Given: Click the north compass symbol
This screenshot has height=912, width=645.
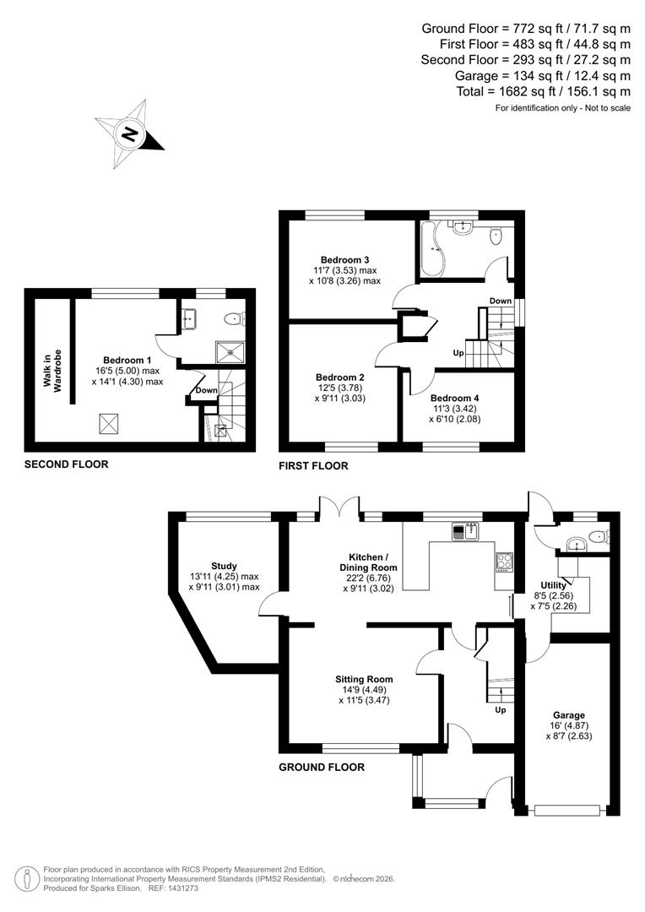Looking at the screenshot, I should (x=130, y=133).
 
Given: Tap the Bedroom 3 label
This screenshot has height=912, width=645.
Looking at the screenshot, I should (x=344, y=259).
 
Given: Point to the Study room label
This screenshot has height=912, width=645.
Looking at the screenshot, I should (x=224, y=566).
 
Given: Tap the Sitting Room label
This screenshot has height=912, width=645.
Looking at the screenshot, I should (x=363, y=679).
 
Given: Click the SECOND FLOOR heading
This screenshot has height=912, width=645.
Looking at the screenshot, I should (x=66, y=464).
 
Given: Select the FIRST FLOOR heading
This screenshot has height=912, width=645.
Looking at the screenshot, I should (x=313, y=465).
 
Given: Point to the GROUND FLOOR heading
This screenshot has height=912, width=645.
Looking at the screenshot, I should (x=322, y=768).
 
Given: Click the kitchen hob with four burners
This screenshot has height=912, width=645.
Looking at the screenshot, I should (x=504, y=559).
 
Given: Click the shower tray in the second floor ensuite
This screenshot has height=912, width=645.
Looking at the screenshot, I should (x=227, y=351).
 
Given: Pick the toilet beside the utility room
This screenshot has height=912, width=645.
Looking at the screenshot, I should (x=599, y=535).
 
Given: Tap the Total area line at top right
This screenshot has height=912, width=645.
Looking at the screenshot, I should (x=525, y=91).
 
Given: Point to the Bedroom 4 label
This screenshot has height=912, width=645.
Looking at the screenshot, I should (x=454, y=398).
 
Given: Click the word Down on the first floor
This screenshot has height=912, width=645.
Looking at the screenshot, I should (x=500, y=301).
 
